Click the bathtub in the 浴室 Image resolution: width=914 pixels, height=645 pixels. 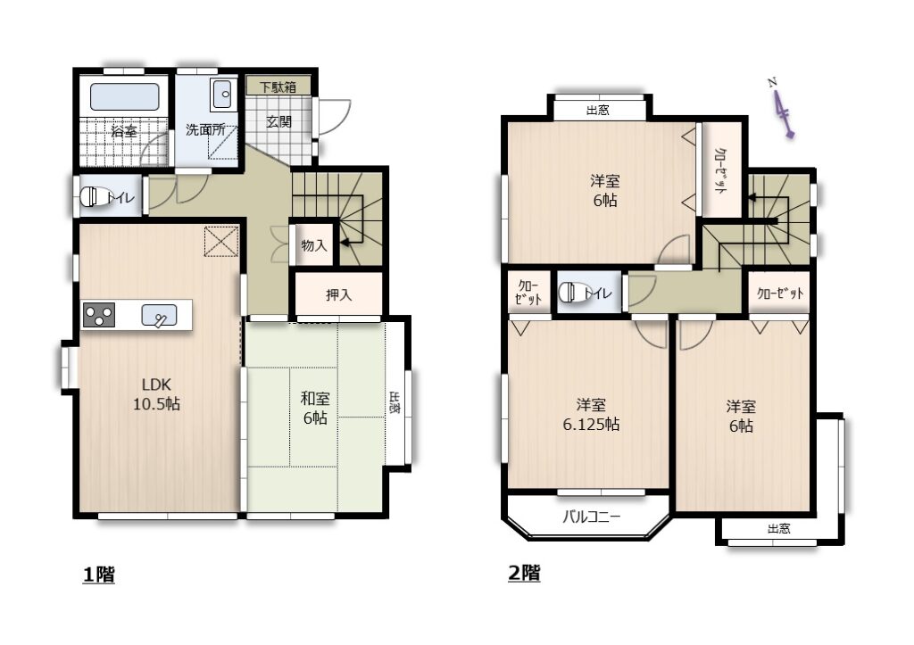pyautogui.click(x=124, y=96)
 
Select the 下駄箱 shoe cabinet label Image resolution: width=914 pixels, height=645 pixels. pyautogui.click(x=278, y=87)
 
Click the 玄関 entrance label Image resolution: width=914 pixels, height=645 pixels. pyautogui.click(x=278, y=122)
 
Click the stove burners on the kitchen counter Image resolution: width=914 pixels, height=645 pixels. pyautogui.click(x=98, y=315)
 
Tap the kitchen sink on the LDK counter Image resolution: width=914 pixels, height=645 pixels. pyautogui.click(x=159, y=315)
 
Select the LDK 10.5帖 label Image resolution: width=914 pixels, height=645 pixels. pyautogui.click(x=156, y=394)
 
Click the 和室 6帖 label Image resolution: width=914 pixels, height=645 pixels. pyautogui.click(x=315, y=408)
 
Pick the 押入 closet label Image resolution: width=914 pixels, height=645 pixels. pyautogui.click(x=338, y=294)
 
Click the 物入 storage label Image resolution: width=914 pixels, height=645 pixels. pyautogui.click(x=313, y=245)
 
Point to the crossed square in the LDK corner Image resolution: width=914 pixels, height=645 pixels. pyautogui.click(x=221, y=241)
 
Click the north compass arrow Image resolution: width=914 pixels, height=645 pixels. pyautogui.click(x=782, y=110)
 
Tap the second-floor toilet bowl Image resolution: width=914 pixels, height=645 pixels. pyautogui.click(x=569, y=292)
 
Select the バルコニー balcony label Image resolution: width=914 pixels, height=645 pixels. pyautogui.click(x=591, y=517)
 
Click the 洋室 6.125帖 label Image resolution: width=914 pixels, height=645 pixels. pyautogui.click(x=591, y=414)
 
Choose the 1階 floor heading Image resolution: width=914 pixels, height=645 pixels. pyautogui.click(x=98, y=575)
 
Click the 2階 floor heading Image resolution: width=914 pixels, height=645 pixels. pyautogui.click(x=524, y=573)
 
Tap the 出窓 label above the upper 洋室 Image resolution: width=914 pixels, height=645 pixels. pyautogui.click(x=597, y=110)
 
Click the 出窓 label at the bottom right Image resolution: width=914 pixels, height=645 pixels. pyautogui.click(x=778, y=528)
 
